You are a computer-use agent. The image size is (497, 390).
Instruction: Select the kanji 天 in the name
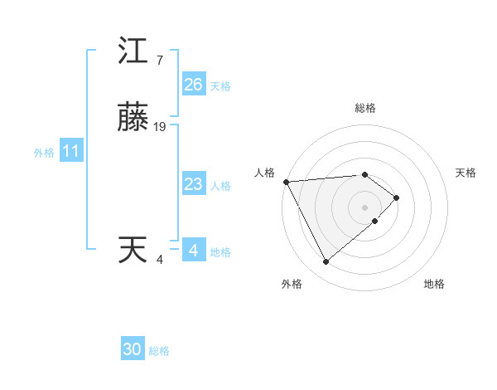coord(133,250)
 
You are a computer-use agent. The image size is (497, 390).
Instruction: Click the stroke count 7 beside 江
coord(159,61)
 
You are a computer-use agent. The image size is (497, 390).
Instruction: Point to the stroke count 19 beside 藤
coord(160,127)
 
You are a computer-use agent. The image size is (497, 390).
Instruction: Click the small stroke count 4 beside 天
coord(159,260)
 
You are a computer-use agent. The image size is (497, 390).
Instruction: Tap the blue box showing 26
coord(193,85)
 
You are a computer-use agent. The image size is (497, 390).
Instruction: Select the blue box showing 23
coord(193,184)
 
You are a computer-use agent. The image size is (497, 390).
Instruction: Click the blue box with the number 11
coord(70,152)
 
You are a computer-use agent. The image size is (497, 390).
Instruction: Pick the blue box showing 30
coord(133,349)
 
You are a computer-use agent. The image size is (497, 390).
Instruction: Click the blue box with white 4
coord(193,250)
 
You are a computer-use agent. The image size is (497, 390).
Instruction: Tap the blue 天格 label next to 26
coord(220,86)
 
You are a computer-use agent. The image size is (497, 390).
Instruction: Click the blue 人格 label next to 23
coord(220,186)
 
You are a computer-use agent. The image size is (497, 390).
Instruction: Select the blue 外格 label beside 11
coord(44,154)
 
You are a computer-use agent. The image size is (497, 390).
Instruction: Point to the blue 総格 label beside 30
coord(159,351)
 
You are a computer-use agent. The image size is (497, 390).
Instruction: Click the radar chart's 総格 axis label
coord(365,108)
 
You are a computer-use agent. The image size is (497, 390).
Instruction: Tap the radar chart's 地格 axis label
coord(434,284)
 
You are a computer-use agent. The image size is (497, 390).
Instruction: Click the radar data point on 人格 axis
coord(285,181)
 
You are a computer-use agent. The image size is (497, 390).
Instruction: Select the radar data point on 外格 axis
coord(326,262)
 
